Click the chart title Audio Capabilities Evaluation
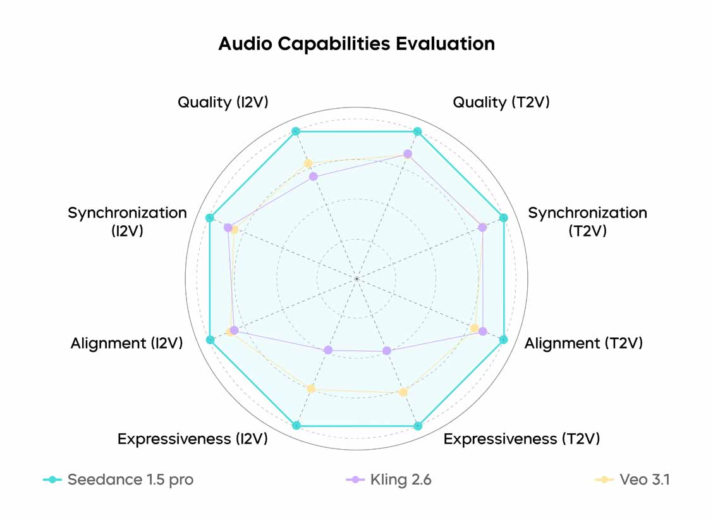pos(356,44)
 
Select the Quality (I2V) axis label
pos(222,102)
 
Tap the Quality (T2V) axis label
pos(501,102)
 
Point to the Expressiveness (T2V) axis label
pos(521,438)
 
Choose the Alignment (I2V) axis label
pos(126,343)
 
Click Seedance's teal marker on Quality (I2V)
pos(295,132)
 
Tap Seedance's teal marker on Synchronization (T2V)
pos(504,218)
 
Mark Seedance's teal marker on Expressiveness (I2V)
pos(296,425)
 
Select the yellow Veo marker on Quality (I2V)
pos(308,164)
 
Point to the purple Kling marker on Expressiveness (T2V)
pos(387,350)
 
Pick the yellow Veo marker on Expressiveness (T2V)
pos(403,392)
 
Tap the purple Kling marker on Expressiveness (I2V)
pos(327,350)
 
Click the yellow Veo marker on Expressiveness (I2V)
pos(310,388)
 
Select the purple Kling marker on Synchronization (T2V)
pos(482,227)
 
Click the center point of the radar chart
pos(356,278)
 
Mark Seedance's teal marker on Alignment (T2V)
pos(504,340)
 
